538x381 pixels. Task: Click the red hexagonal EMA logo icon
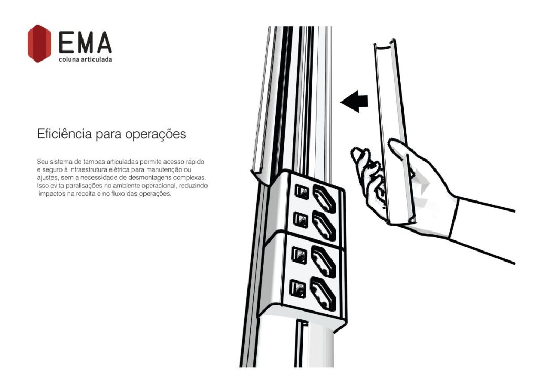click(39, 43)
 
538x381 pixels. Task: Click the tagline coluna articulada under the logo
click(85, 59)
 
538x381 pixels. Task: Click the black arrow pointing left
click(354, 101)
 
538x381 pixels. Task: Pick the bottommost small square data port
click(295, 288)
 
